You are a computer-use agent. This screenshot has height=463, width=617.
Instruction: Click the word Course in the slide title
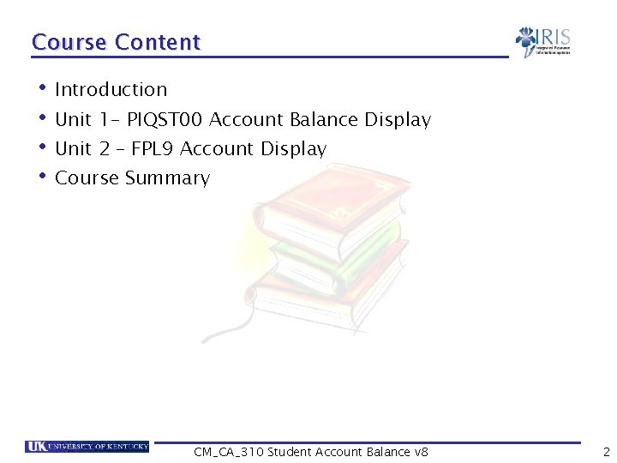pyautogui.click(x=69, y=42)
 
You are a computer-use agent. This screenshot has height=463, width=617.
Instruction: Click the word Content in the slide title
pyautogui.click(x=157, y=42)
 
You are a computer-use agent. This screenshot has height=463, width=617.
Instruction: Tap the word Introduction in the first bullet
pyautogui.click(x=111, y=89)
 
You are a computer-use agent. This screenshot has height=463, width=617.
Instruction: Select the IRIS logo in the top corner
pyautogui.click(x=543, y=41)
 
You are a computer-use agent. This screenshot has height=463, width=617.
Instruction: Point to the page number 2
pyautogui.click(x=606, y=452)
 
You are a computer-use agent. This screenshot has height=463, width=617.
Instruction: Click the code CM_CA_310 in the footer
pyautogui.click(x=229, y=452)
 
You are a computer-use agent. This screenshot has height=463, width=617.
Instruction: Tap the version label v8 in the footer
pyautogui.click(x=421, y=452)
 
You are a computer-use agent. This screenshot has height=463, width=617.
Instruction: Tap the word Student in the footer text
pyautogui.click(x=290, y=452)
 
